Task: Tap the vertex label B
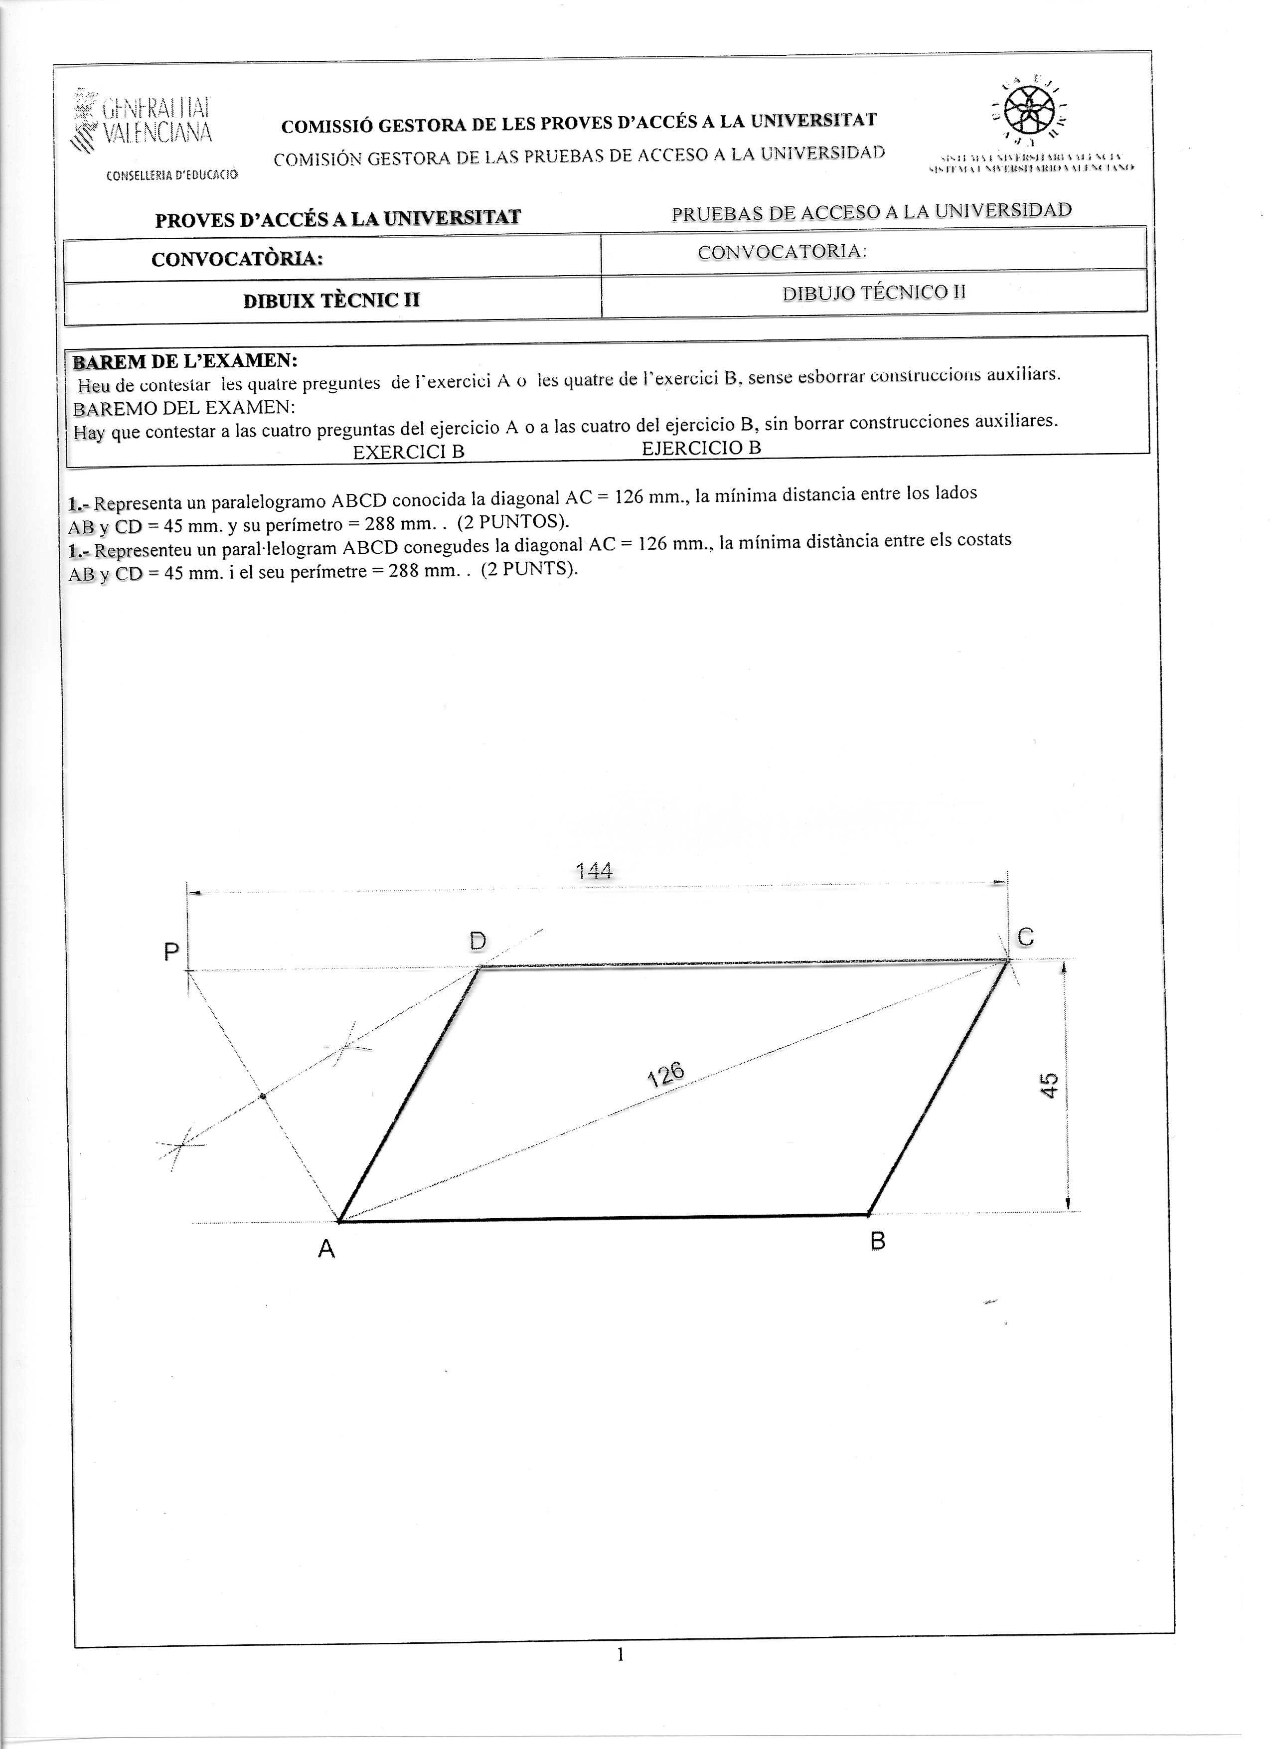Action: pyautogui.click(x=878, y=1241)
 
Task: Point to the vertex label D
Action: pyautogui.click(x=477, y=941)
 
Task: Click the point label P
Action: pyautogui.click(x=171, y=953)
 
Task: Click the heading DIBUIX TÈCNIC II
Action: pyautogui.click(x=331, y=300)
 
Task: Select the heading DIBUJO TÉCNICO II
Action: pyautogui.click(x=874, y=292)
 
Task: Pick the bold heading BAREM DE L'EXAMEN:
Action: pyautogui.click(x=185, y=361)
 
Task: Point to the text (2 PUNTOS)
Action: pyautogui.click(x=513, y=521)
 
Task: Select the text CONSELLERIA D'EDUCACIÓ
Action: pyautogui.click(x=172, y=175)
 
